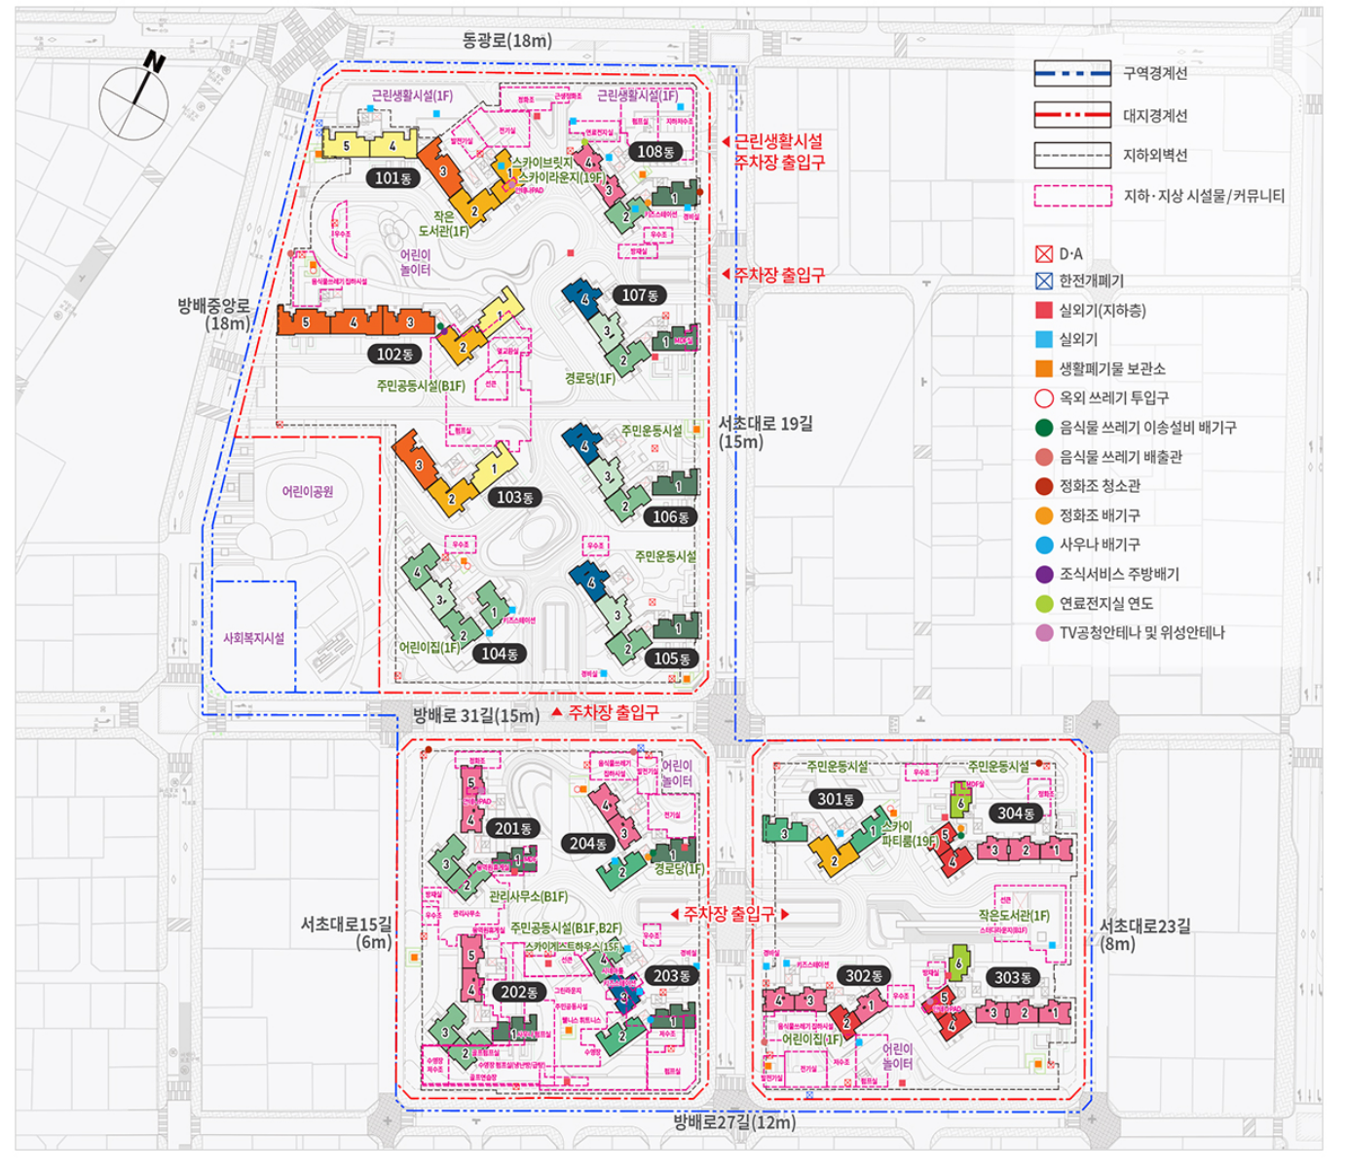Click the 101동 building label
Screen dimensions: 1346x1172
click(x=393, y=178)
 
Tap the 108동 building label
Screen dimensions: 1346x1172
click(x=655, y=151)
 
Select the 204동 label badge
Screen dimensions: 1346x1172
click(x=588, y=844)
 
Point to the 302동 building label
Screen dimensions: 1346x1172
click(x=864, y=975)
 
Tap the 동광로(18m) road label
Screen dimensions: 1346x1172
click(x=506, y=40)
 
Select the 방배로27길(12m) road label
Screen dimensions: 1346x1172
click(x=734, y=1122)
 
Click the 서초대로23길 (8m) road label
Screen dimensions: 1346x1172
click(x=1144, y=934)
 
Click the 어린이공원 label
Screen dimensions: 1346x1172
click(x=308, y=492)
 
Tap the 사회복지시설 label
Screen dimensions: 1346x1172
click(x=254, y=638)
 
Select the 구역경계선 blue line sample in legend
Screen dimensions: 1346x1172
click(x=1072, y=73)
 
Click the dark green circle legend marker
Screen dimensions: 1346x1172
click(x=1044, y=428)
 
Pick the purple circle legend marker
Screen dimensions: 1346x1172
click(x=1044, y=574)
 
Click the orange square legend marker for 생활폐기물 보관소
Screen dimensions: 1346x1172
click(x=1044, y=369)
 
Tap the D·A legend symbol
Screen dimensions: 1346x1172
click(x=1044, y=254)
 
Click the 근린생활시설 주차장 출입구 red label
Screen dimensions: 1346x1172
click(x=778, y=152)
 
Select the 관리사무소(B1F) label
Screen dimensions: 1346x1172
click(x=528, y=896)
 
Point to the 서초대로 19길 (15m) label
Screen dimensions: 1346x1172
click(x=765, y=432)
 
